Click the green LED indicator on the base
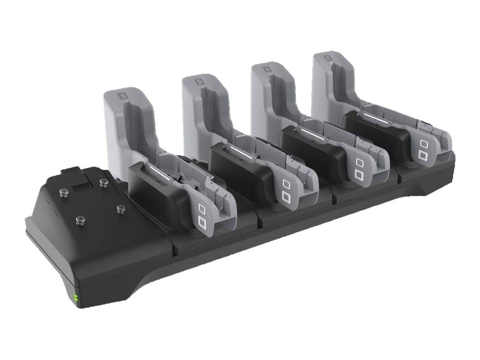point(75,299)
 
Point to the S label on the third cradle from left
point(267,69)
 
